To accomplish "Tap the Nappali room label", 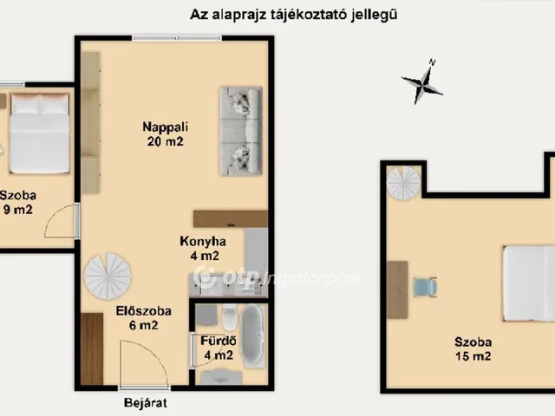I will (164, 127).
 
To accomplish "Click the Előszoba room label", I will (143, 310).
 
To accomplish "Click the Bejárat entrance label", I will (145, 403).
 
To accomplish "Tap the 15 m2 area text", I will (473, 356).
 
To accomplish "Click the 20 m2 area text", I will (164, 141).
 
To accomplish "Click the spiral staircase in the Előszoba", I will (108, 276).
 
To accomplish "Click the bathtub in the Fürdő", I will (252, 336).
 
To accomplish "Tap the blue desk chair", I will (425, 287).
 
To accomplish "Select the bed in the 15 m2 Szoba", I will (529, 283).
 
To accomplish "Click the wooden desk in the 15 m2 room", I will (397, 289).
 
